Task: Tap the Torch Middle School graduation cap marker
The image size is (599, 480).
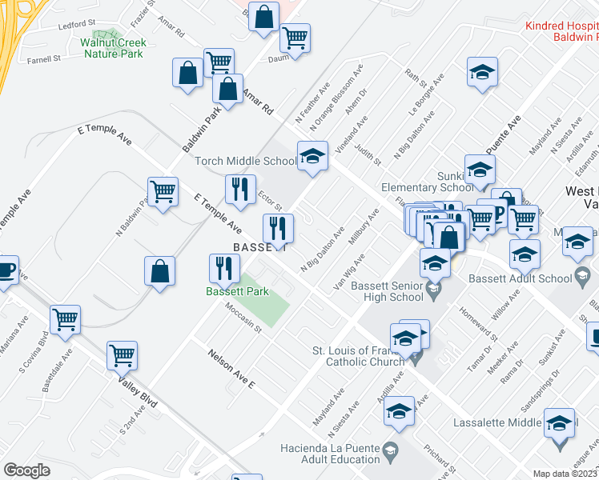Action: click(312, 156)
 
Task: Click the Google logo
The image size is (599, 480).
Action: click(26, 470)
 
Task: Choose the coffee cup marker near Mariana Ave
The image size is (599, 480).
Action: click(6, 270)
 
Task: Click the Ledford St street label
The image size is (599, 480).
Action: click(77, 25)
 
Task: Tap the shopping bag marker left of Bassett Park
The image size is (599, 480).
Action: click(160, 270)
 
